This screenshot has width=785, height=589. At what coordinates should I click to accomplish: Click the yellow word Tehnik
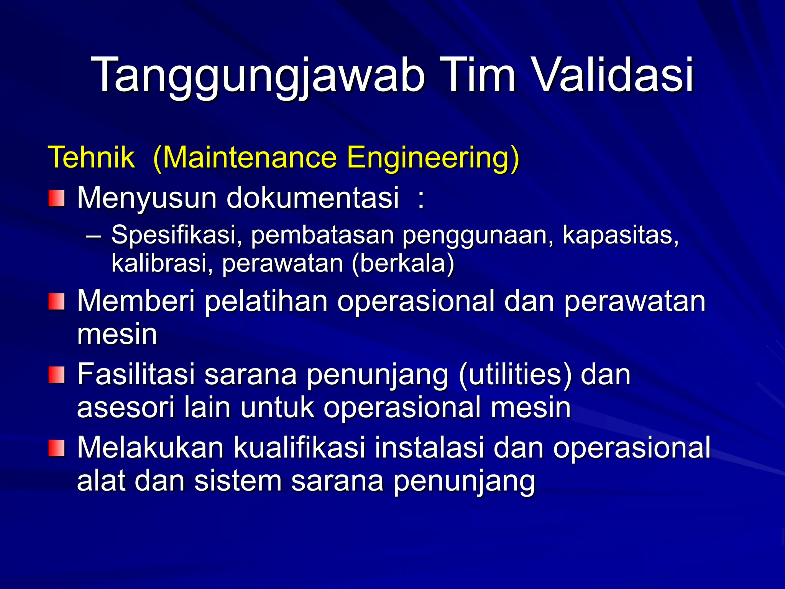(91, 157)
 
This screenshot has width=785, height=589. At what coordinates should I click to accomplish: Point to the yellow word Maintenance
(249, 157)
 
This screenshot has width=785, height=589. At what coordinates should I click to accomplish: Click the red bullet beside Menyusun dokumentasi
(56, 198)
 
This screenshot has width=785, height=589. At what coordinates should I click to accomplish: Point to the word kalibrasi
(159, 263)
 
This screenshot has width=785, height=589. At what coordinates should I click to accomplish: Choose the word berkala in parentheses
(402, 263)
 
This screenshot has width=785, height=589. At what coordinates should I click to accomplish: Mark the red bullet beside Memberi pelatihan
(56, 301)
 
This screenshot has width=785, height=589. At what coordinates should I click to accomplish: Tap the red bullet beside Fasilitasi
(56, 374)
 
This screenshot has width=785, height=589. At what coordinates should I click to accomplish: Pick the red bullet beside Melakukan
(56, 448)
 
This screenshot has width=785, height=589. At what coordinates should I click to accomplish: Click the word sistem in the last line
(238, 481)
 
